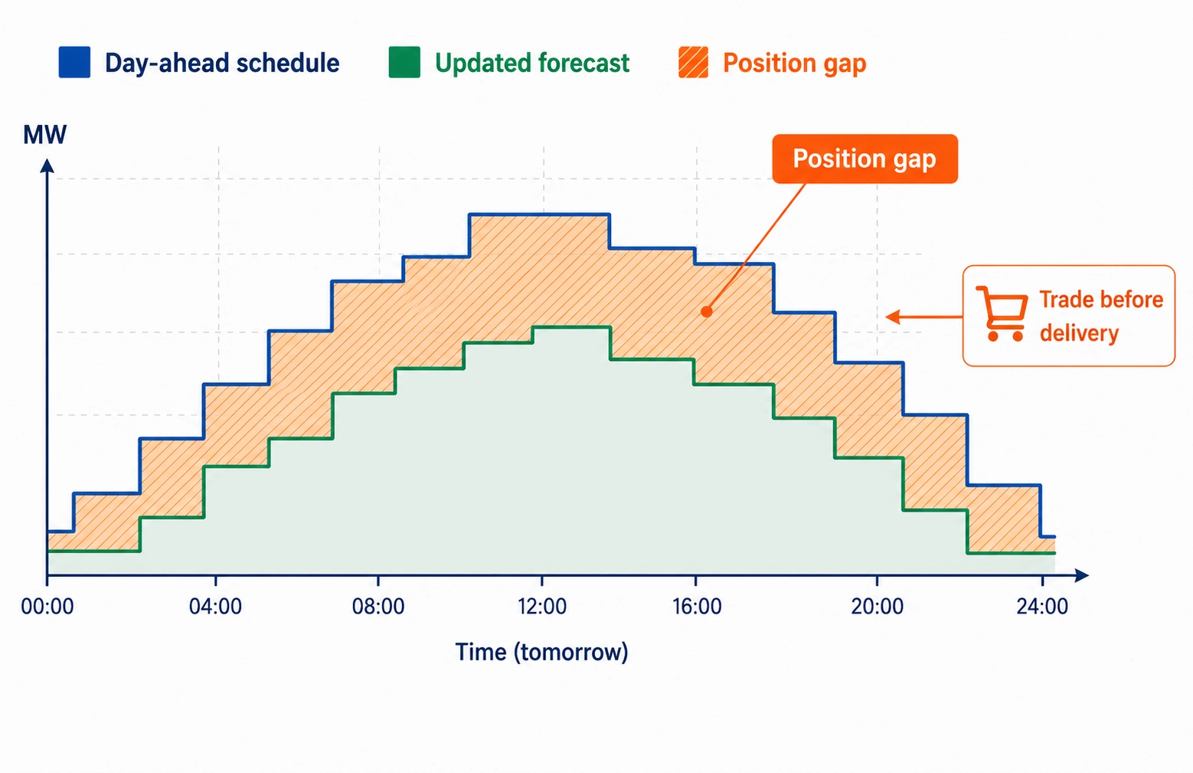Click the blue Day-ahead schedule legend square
(74, 63)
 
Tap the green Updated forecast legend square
(404, 63)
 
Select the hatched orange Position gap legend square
(693, 63)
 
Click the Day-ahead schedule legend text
(222, 63)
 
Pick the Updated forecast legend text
(532, 63)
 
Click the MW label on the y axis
(44, 135)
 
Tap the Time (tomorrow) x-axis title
(541, 652)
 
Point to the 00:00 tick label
(47, 608)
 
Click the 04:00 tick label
(215, 608)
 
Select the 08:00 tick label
(378, 608)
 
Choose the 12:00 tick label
(541, 608)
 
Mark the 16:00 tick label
(697, 608)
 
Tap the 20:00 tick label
(877, 608)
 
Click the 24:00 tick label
(1042, 608)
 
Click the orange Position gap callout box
(865, 159)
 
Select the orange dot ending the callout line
(707, 312)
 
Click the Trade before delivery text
(1100, 316)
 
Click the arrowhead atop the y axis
(47, 165)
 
